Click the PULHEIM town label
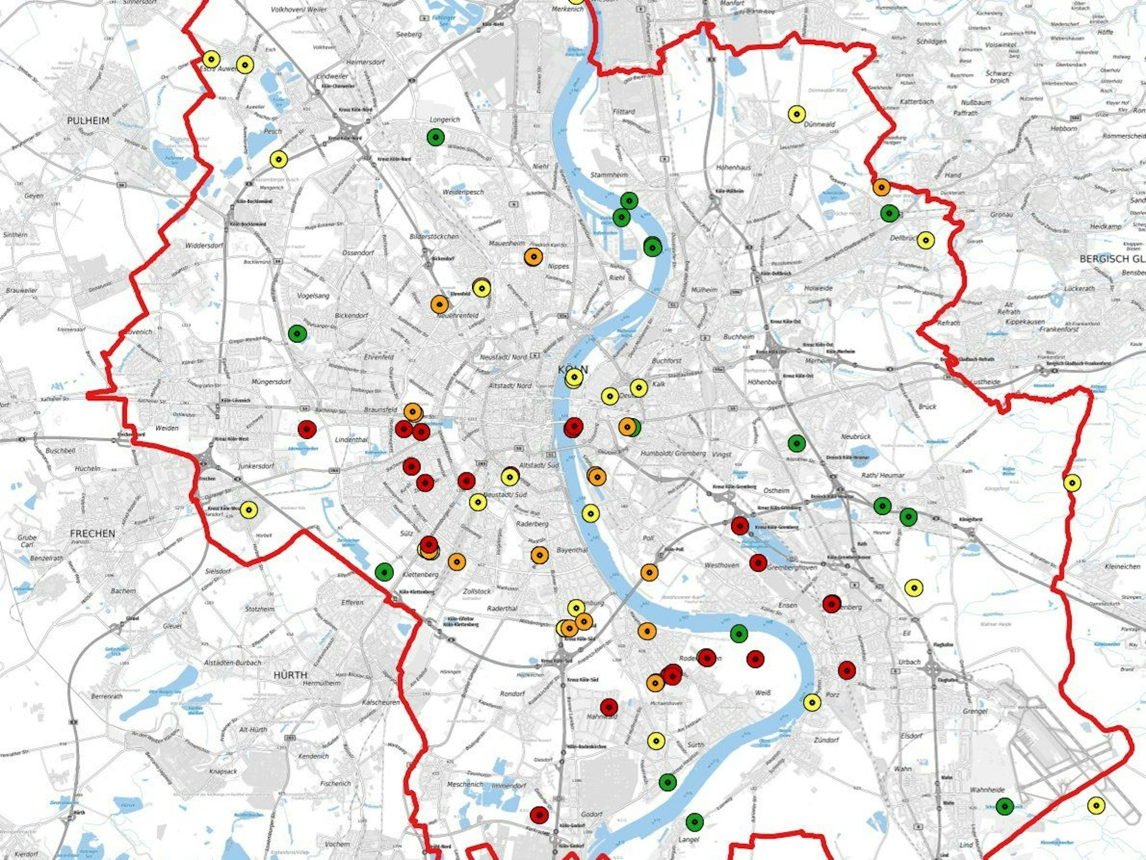tap(88, 121)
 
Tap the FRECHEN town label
tap(92, 533)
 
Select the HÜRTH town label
tap(290, 675)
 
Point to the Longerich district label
tap(445, 120)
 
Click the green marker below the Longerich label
tap(435, 137)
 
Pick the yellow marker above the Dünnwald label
tap(796, 115)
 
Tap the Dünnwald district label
tap(819, 124)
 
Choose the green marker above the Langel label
tap(694, 822)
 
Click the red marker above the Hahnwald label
tap(609, 707)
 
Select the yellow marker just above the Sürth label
tap(656, 741)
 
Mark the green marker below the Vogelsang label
tap(297, 333)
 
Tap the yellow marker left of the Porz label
tap(812, 702)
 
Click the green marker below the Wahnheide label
tap(1004, 806)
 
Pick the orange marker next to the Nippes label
tap(533, 257)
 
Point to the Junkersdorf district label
tap(256, 466)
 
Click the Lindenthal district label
tap(351, 439)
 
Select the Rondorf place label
tap(512, 693)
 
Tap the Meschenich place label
tap(465, 784)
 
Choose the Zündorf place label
tap(826, 740)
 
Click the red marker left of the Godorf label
tap(539, 814)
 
